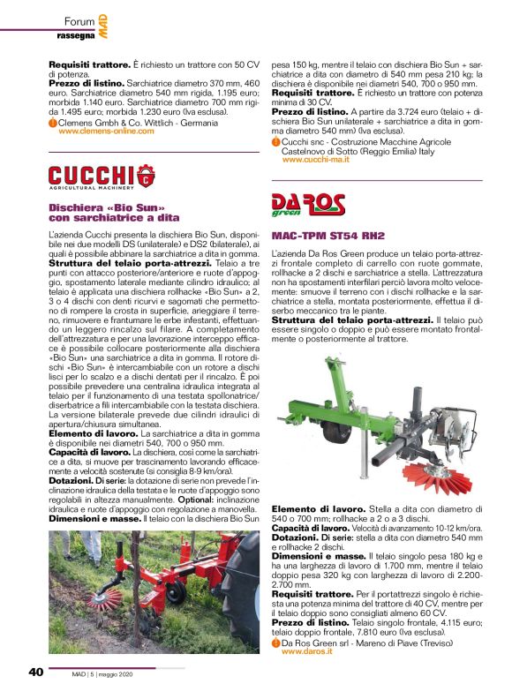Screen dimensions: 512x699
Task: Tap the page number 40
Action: (35, 672)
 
